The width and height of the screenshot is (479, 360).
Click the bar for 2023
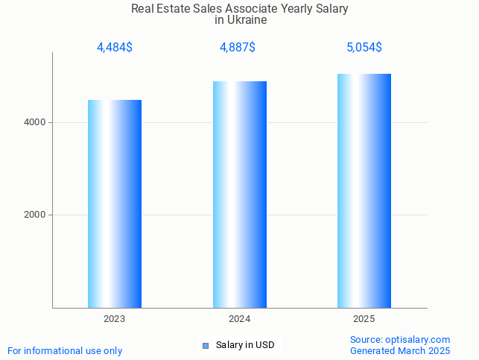(115, 203)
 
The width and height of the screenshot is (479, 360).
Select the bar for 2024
(239, 195)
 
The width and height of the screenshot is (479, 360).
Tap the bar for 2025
(364, 191)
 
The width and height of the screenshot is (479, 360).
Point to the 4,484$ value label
(115, 48)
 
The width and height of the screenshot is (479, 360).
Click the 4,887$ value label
(238, 48)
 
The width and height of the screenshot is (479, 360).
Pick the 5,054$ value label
(364, 48)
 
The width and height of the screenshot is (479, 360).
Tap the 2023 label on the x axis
(115, 318)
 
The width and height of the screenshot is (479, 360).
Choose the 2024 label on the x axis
(239, 318)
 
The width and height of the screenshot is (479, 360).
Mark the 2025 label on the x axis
(364, 318)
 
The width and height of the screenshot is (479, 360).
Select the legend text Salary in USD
(245, 345)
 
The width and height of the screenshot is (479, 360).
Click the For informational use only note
(65, 350)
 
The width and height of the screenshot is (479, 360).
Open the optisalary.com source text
(400, 339)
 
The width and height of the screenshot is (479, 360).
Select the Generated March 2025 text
(400, 350)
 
